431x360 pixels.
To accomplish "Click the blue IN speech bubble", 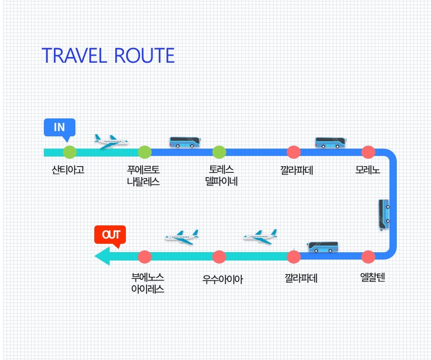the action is point(60,128).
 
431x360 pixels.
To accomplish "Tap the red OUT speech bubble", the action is point(110,235).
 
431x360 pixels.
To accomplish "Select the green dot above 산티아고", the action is point(70,152).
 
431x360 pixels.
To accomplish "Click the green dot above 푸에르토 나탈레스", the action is point(145,152).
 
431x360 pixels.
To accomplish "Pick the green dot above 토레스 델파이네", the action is point(219,152).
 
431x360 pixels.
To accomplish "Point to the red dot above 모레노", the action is point(368,152).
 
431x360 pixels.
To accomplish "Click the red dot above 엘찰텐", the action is point(368,257).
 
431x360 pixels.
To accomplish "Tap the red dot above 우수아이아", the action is point(219,257).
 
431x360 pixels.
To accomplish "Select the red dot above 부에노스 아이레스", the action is point(145,257).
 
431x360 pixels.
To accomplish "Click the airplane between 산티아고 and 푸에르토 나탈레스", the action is point(111,142).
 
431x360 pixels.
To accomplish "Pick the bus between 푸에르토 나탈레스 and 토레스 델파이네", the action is point(185,143).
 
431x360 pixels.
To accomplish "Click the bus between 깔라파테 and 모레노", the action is point(331,143).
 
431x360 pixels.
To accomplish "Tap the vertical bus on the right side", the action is point(384,214).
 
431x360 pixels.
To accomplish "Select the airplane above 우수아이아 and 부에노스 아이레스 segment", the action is point(182,237).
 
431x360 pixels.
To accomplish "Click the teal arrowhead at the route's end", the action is point(102,256).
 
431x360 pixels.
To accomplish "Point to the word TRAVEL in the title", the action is point(74,56).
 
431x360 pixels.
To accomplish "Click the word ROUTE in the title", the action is point(144,56).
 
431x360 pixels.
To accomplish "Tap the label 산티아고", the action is point(68,170).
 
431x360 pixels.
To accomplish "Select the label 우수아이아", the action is point(223,279).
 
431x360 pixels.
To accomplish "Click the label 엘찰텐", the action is point(372,277).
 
